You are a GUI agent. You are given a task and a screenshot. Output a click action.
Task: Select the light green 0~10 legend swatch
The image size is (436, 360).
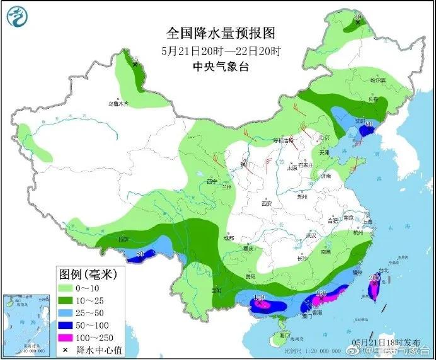pos(65,288)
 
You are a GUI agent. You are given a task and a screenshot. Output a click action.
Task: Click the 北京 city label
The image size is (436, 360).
pos(324,137)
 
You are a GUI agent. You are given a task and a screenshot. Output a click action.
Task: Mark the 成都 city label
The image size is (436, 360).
pos(227,238)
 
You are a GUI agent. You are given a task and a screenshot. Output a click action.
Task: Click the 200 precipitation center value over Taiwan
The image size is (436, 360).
pos(374,278)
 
